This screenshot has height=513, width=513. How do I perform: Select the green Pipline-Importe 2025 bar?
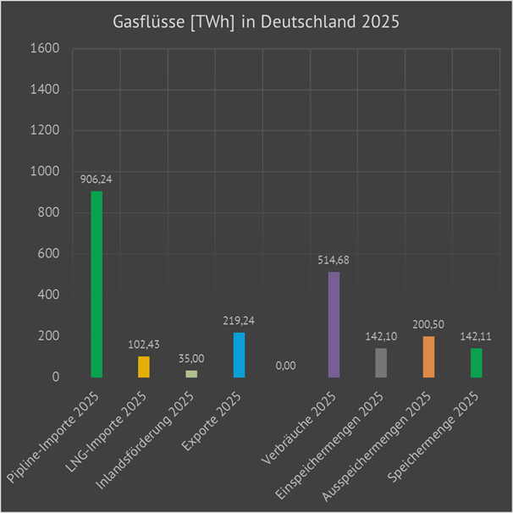tap(97, 284)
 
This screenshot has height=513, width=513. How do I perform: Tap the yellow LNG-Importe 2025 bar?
tap(144, 367)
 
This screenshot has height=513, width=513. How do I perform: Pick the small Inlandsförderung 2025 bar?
tap(191, 373)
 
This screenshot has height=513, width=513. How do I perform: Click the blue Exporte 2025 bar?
tap(239, 355)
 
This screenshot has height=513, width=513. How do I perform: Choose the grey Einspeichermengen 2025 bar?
tap(381, 362)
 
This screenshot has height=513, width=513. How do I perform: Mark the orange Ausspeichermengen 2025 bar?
tap(428, 356)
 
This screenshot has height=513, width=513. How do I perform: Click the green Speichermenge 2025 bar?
tap(476, 362)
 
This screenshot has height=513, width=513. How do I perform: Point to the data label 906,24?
tap(97, 179)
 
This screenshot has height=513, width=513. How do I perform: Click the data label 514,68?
tap(334, 260)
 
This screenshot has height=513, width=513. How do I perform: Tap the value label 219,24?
tap(239, 321)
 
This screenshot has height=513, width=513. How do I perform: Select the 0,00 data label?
tap(286, 366)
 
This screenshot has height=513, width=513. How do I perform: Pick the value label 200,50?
tap(428, 324)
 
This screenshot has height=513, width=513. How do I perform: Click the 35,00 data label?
tap(191, 359)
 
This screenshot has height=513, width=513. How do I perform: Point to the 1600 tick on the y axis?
tap(44, 49)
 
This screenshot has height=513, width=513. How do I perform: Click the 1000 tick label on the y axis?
tap(44, 172)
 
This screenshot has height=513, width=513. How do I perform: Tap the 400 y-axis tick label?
tap(48, 295)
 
